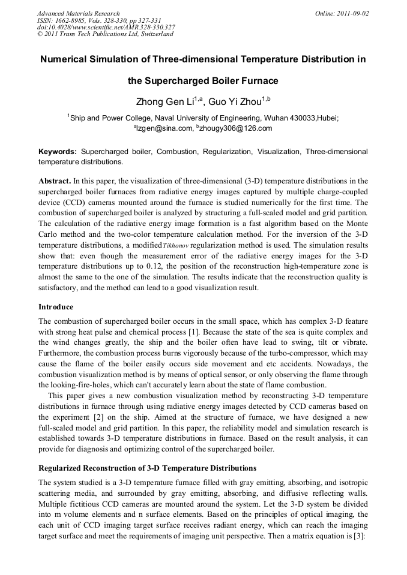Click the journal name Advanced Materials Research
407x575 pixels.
[78, 13]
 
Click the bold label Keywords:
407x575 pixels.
[58, 152]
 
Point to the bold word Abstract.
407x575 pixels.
[55, 180]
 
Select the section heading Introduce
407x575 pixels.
[56, 306]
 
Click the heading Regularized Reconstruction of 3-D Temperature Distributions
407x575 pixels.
[147, 468]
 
